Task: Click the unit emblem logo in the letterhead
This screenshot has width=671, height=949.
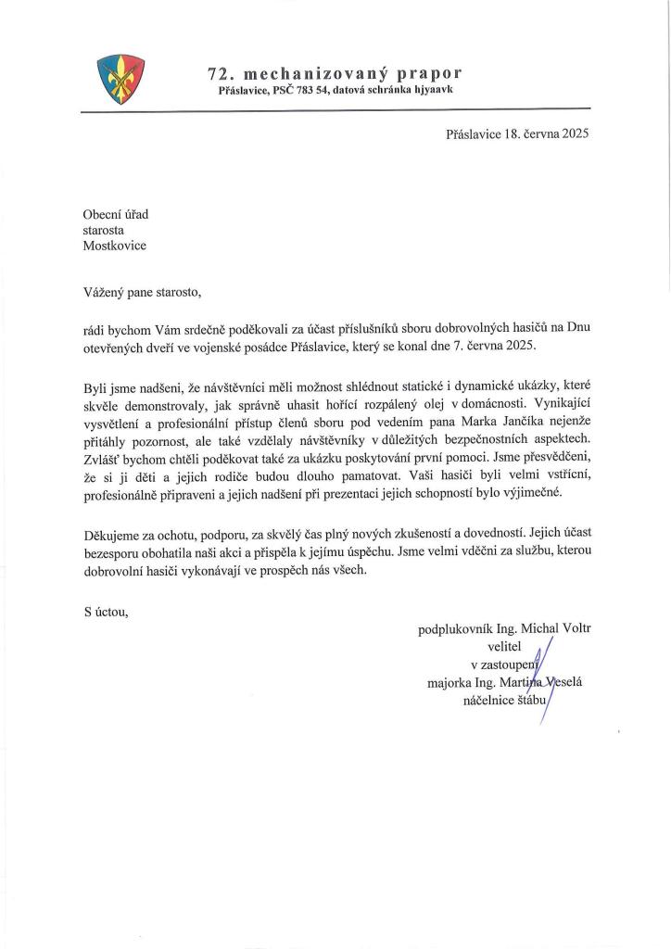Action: (x=121, y=80)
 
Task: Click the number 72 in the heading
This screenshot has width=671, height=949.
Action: (x=220, y=72)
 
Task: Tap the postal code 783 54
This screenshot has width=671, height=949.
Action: (x=312, y=90)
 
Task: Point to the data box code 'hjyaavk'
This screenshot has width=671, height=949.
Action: (x=429, y=90)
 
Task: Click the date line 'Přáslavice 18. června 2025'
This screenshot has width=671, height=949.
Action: (x=517, y=133)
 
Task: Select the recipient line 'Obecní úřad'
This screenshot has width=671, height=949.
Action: (x=116, y=214)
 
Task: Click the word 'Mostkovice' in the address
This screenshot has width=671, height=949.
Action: (x=115, y=246)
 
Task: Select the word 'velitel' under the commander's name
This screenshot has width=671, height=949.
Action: (x=505, y=647)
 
